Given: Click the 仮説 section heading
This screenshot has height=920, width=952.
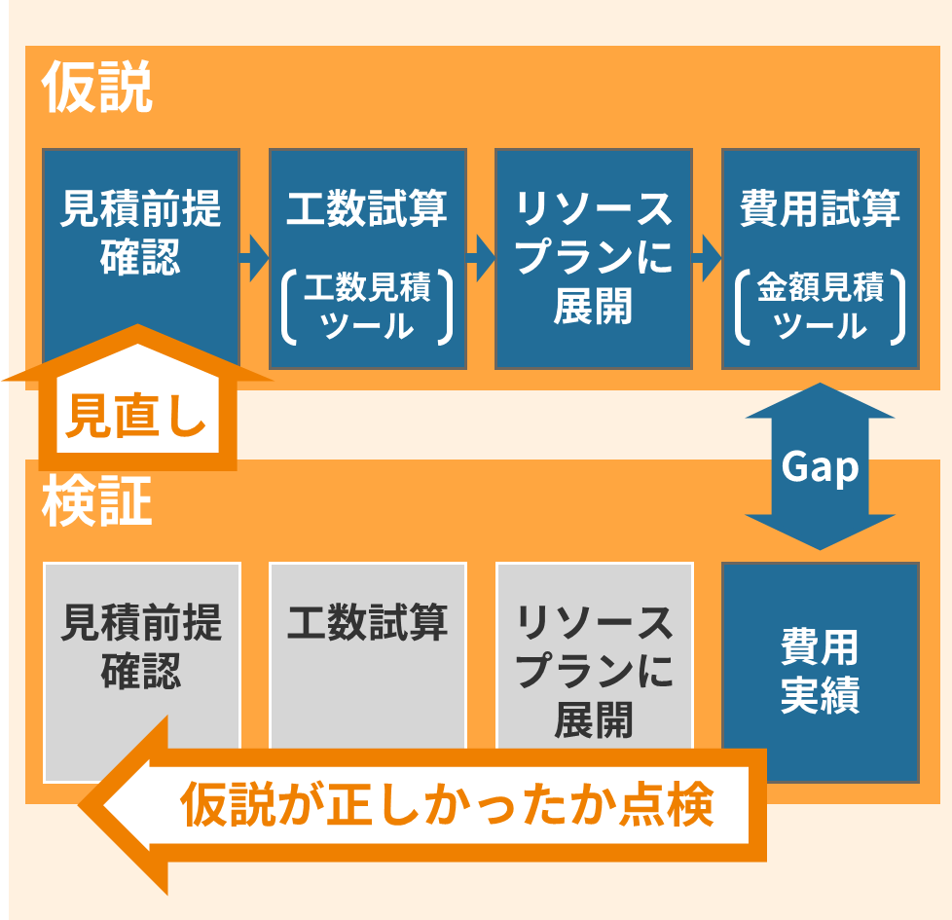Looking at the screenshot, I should [x=97, y=89].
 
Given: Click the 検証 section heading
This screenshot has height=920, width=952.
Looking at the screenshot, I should [x=97, y=502].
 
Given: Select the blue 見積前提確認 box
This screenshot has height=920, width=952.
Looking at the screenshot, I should [x=141, y=234].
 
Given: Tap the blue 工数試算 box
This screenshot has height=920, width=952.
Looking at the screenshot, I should [x=367, y=209].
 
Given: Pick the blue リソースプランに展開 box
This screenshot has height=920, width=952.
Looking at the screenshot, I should [x=593, y=258].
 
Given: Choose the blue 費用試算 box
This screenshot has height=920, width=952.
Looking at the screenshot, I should [x=820, y=209].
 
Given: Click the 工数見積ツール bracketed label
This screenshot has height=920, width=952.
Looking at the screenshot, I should [x=367, y=307].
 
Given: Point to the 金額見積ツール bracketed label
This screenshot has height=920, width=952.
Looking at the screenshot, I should [x=820, y=307].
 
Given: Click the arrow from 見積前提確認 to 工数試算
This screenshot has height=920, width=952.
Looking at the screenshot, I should [x=254, y=258].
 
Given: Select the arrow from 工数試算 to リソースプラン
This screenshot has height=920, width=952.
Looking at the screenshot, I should [x=481, y=258].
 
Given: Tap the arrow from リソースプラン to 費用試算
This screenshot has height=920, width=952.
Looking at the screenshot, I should [x=707, y=258].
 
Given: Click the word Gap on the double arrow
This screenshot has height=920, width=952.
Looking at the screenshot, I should [x=820, y=467].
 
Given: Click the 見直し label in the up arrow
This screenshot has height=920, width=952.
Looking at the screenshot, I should [x=135, y=417].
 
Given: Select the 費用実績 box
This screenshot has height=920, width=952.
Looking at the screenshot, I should [x=820, y=672].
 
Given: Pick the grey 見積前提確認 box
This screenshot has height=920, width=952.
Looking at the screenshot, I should [x=141, y=647].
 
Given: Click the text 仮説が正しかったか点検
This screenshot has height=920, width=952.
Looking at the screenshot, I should [x=448, y=805].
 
